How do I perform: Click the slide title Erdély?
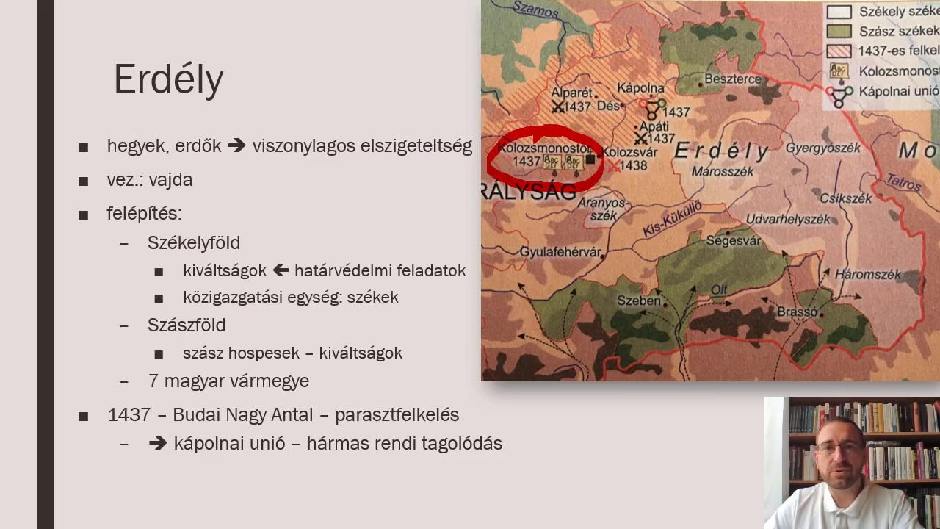[x=168, y=79]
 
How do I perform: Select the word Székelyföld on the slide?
[x=194, y=243]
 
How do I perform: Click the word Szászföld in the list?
[x=187, y=325]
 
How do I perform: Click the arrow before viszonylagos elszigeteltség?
[x=236, y=146]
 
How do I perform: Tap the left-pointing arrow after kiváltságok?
[x=280, y=271]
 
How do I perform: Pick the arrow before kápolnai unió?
[x=157, y=444]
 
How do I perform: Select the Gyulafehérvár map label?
[x=560, y=252]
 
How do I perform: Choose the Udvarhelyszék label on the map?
[x=787, y=219]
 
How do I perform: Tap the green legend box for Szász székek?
[x=839, y=31]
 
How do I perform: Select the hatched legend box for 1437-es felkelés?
[x=839, y=51]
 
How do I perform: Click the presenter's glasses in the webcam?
[x=839, y=447]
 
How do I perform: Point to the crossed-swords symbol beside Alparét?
[x=559, y=107]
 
